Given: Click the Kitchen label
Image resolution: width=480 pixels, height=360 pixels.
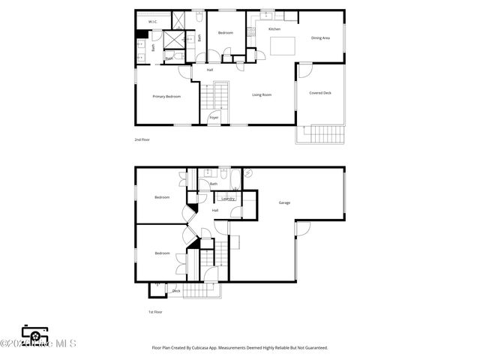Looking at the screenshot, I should [x=274, y=29].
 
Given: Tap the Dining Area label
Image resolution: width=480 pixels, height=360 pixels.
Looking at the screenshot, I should [x=321, y=37].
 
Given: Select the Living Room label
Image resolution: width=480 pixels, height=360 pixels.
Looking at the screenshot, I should [x=261, y=94].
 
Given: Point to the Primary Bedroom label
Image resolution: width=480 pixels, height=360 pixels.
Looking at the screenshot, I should [x=166, y=97].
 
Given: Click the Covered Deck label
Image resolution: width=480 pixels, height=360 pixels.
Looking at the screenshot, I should [x=320, y=93].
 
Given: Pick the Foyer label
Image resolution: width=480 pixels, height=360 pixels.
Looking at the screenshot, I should [x=214, y=118].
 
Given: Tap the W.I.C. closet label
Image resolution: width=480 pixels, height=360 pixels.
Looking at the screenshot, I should [x=152, y=22].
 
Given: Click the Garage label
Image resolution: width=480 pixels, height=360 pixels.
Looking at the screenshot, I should [x=284, y=202].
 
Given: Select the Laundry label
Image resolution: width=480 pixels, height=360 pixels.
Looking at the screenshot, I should [x=229, y=199].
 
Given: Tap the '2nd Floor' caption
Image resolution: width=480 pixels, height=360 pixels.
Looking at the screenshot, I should [x=142, y=139].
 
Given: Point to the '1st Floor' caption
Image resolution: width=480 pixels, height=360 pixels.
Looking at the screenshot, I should [x=155, y=311].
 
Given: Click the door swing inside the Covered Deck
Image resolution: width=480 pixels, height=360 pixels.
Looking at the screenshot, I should [x=304, y=70].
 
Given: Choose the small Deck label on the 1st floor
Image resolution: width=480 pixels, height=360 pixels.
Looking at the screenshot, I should [x=176, y=291].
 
